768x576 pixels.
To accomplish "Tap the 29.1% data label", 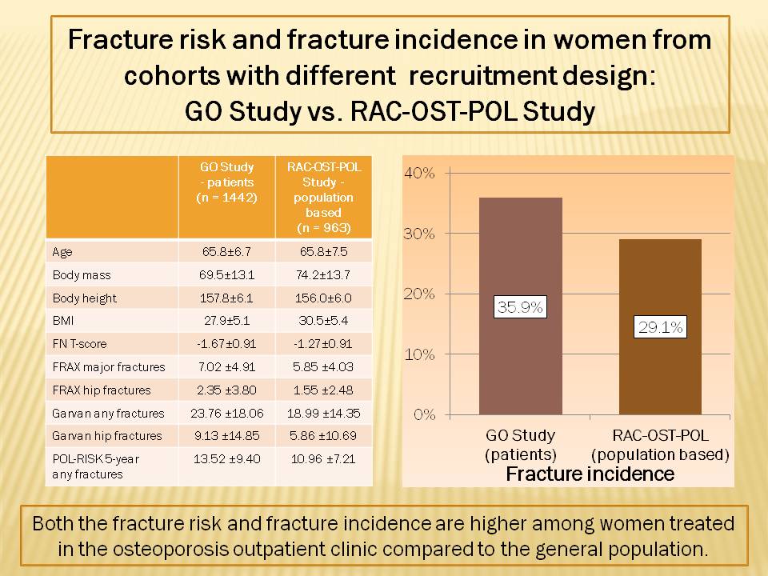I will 660,326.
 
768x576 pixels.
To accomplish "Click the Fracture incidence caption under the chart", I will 590,474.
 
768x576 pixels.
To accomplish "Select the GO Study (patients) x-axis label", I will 520,446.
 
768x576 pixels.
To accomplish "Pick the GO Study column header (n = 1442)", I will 226,183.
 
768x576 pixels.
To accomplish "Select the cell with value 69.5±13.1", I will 226,274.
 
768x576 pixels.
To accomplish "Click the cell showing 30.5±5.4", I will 323,321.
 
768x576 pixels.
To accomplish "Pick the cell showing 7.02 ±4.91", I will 226,367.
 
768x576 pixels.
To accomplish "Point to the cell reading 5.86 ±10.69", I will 323,436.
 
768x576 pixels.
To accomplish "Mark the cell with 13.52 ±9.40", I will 226,459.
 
